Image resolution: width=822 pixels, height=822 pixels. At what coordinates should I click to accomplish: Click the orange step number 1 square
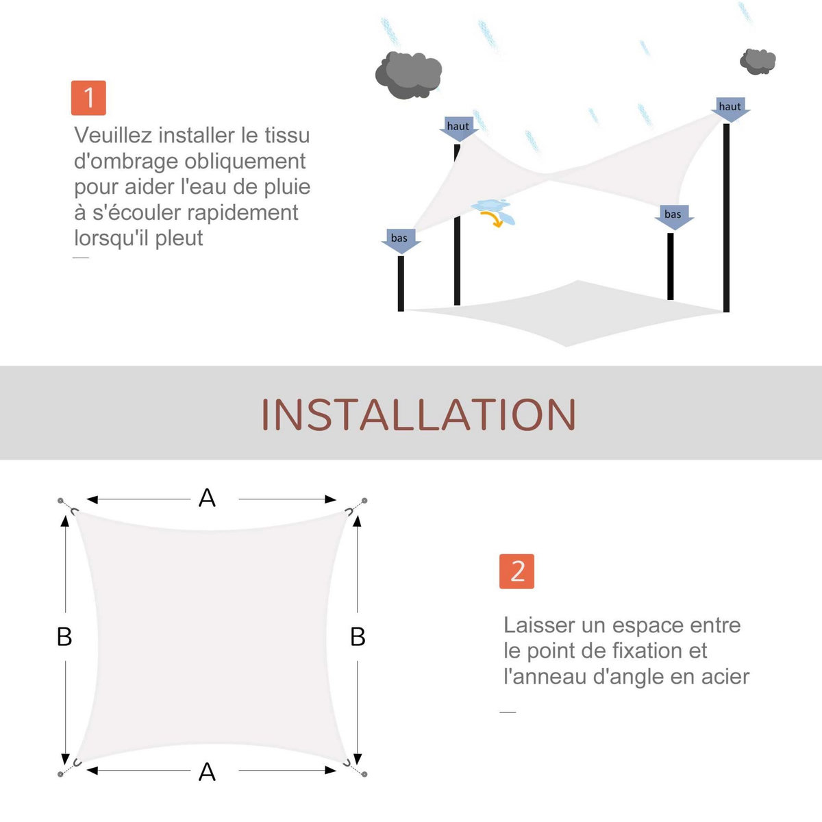tap(88, 98)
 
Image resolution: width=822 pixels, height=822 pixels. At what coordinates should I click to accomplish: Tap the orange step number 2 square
tap(516, 571)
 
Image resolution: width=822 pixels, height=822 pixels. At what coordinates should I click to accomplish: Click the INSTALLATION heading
tap(419, 414)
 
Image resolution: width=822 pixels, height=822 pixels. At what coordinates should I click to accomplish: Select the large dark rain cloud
tap(408, 75)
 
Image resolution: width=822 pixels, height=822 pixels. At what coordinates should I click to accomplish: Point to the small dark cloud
tap(758, 62)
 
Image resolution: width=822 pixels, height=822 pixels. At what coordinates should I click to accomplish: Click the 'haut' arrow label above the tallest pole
tap(730, 109)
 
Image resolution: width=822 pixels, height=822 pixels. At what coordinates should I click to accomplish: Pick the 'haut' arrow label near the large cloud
tap(458, 128)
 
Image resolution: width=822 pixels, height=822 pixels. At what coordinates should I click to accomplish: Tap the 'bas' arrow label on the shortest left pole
tap(401, 241)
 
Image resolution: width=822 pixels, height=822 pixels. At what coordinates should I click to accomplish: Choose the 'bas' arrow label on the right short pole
tap(674, 217)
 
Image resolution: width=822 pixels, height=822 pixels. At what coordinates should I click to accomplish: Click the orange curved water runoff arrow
tap(493, 218)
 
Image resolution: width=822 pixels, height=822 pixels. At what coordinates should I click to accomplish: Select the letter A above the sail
tap(207, 498)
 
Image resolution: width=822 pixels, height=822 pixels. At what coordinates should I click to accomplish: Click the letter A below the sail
tap(207, 772)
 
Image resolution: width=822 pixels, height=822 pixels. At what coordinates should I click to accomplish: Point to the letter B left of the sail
tap(64, 637)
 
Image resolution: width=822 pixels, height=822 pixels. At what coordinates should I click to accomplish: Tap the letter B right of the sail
tap(358, 637)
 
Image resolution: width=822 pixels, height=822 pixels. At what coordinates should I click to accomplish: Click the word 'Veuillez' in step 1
tap(113, 135)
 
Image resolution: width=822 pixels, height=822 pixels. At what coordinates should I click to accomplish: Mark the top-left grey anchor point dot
tap(60, 500)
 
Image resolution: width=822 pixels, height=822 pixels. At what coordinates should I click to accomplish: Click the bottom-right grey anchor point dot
tap(364, 774)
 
